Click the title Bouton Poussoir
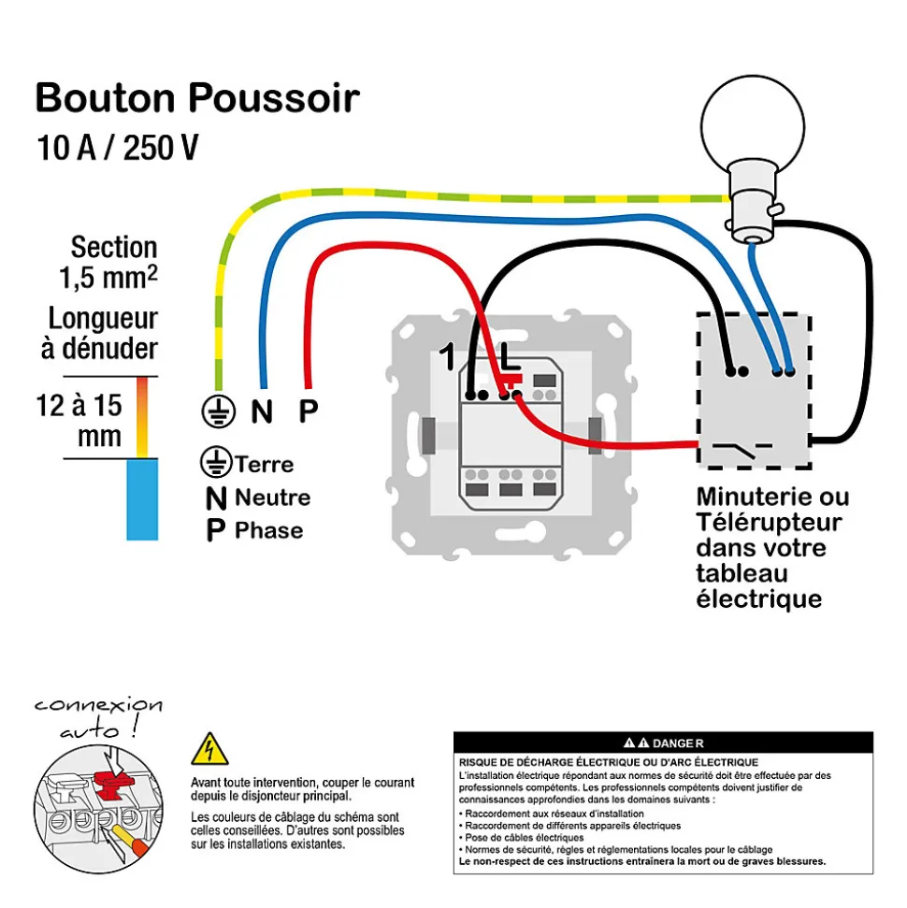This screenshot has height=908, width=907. (197, 97)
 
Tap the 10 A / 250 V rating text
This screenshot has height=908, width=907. (118, 147)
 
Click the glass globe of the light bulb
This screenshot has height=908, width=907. (753, 124)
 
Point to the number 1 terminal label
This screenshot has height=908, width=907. (447, 356)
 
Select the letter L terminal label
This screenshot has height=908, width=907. (510, 356)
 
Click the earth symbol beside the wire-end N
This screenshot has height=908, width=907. (219, 411)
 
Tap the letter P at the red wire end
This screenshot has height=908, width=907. (309, 411)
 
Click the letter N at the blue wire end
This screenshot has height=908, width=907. (262, 411)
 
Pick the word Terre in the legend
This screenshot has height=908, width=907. (265, 465)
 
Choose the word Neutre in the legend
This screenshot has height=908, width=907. (273, 497)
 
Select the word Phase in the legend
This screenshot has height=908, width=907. (268, 530)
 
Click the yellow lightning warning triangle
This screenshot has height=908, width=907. (209, 749)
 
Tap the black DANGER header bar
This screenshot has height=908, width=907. (663, 742)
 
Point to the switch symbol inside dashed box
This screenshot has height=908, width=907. (741, 448)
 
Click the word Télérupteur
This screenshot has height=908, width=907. (769, 523)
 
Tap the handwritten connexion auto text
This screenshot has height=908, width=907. (98, 717)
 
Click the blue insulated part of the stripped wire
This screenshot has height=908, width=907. (142, 499)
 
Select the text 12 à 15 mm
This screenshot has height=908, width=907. (79, 420)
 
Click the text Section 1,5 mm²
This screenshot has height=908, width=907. (108, 263)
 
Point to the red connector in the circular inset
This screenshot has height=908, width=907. (113, 783)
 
